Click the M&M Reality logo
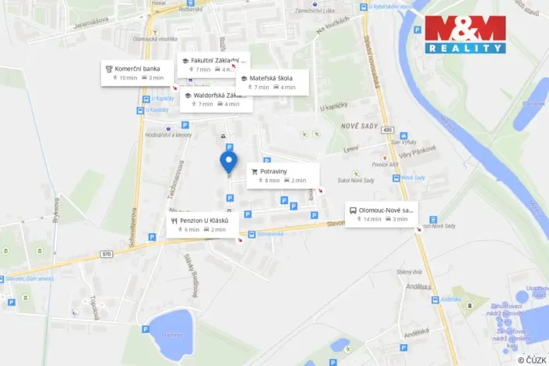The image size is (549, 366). pos(465,34)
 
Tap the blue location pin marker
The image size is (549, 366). pos(228,162)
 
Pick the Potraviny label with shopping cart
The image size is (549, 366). pos(282,175)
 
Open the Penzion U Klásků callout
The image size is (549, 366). pos(203,224)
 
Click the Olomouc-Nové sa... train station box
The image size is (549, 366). pos(381,213)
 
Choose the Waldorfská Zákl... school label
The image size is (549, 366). pos(216,99)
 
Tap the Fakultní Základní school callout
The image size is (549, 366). pos(213,63)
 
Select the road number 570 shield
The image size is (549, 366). pos(106,254)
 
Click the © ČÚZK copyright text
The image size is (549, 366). pos(531,360)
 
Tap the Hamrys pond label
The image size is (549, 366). pos(171,334)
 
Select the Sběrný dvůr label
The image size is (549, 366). pos(409,271)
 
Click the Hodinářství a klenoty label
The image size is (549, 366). pos(168,135)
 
